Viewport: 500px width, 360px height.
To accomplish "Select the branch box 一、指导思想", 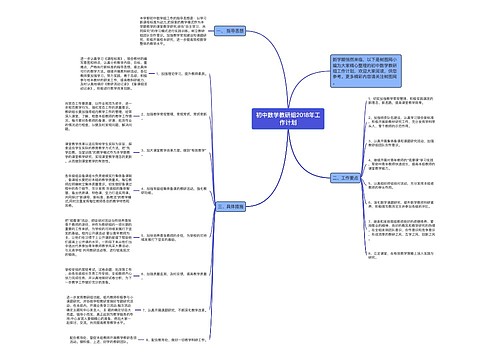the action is (x=229, y=30).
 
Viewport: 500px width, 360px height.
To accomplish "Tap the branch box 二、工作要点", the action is (x=346, y=176).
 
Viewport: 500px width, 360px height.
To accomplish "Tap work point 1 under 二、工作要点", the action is (x=409, y=103).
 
